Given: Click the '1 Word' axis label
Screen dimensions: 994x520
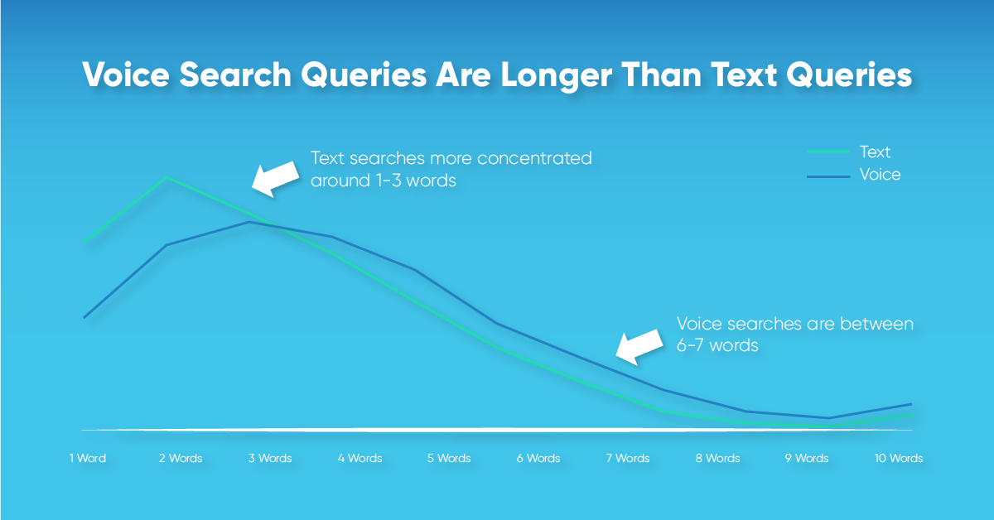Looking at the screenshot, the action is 88,458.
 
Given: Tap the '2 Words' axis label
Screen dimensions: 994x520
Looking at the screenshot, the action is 181,458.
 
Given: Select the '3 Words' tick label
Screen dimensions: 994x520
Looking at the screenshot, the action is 270,458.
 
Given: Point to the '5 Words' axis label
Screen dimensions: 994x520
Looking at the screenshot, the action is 449,458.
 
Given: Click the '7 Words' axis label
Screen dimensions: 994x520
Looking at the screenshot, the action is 628,458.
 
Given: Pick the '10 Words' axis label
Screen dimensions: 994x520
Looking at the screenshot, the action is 899,458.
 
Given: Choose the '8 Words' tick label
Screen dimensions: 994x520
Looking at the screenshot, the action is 717,458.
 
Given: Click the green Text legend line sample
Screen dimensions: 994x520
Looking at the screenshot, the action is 828,152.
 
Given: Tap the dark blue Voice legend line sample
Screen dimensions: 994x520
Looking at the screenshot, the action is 828,176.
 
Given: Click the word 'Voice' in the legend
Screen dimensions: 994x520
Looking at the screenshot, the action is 880,175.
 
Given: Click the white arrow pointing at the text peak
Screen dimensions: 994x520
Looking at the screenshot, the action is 276,179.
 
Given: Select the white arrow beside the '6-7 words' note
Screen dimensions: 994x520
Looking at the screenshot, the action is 639,347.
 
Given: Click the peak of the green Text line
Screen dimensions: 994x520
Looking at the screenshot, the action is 166,177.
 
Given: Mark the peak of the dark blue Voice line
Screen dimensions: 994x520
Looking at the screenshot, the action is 249,222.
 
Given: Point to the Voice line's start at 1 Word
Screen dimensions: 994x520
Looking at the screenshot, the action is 84,317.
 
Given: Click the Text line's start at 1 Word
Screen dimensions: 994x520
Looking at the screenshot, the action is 84,243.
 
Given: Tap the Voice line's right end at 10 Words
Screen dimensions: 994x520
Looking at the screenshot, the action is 911,404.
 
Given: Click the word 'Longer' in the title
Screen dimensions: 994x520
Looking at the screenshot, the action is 557,75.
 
